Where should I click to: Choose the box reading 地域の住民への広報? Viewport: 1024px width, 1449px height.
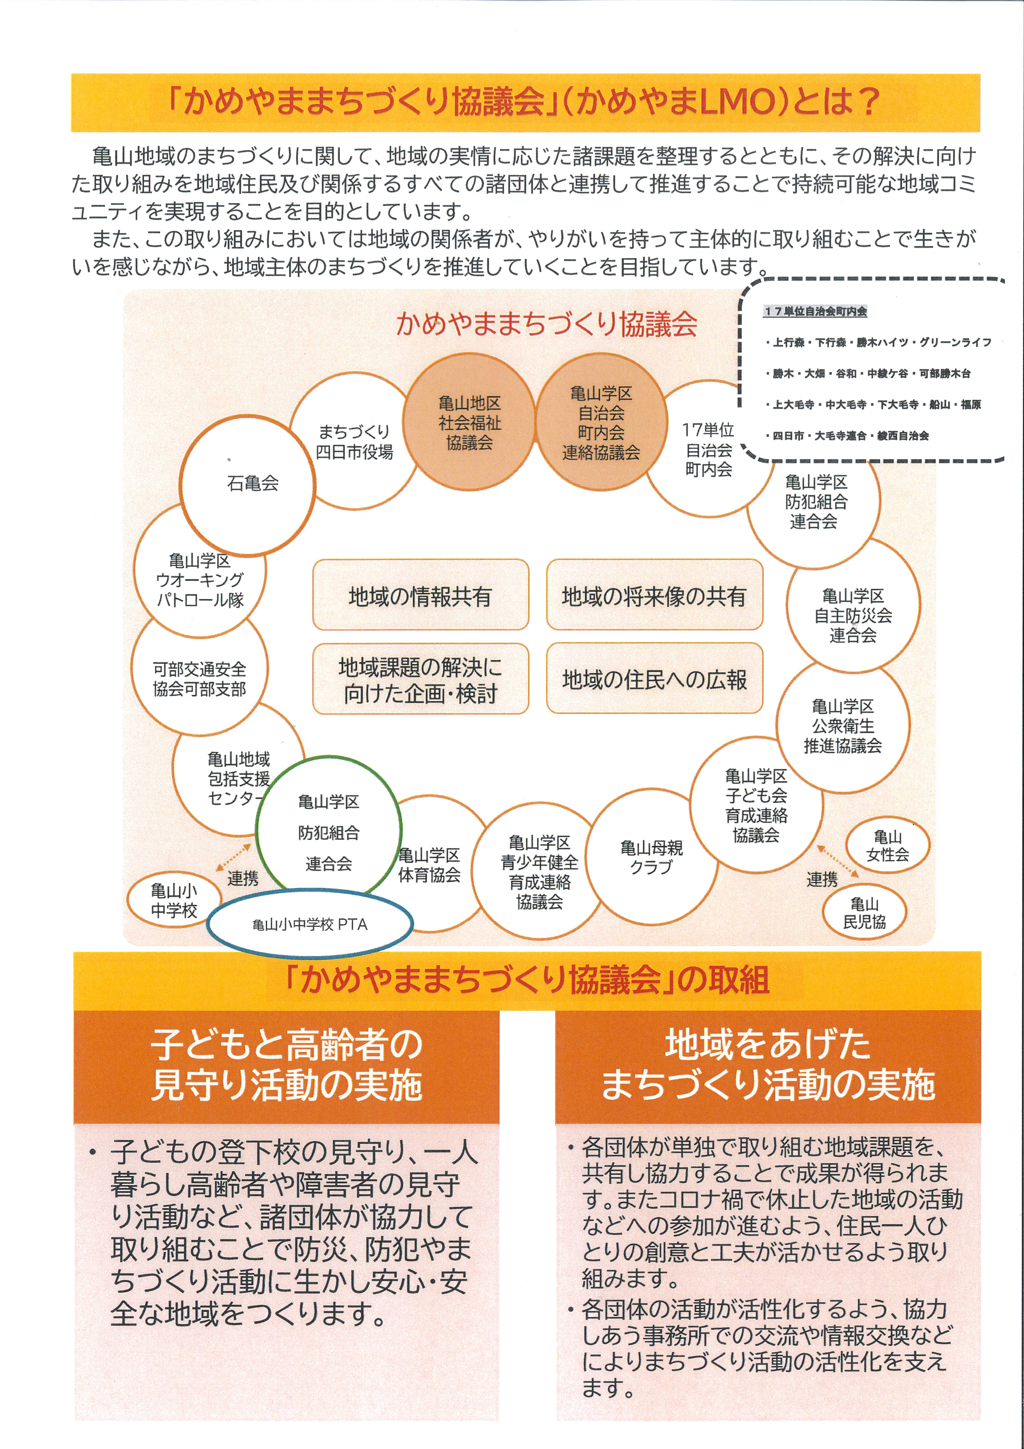654,678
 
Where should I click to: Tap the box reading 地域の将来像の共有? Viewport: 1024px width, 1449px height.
654,594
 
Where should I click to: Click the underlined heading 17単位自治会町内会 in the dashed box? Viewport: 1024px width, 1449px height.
815,311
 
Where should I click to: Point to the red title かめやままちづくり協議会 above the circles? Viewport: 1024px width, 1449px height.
546,324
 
